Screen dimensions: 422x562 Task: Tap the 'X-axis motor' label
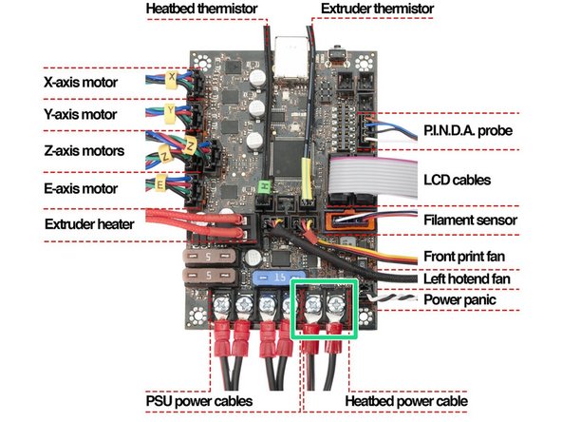click(82, 83)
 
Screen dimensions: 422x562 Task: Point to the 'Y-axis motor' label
click(82, 115)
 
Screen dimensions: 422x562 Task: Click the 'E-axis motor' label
click(82, 186)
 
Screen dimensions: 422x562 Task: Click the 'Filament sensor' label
click(468, 221)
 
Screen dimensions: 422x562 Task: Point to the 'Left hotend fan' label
click(470, 279)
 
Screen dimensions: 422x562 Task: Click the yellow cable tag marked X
click(171, 76)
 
